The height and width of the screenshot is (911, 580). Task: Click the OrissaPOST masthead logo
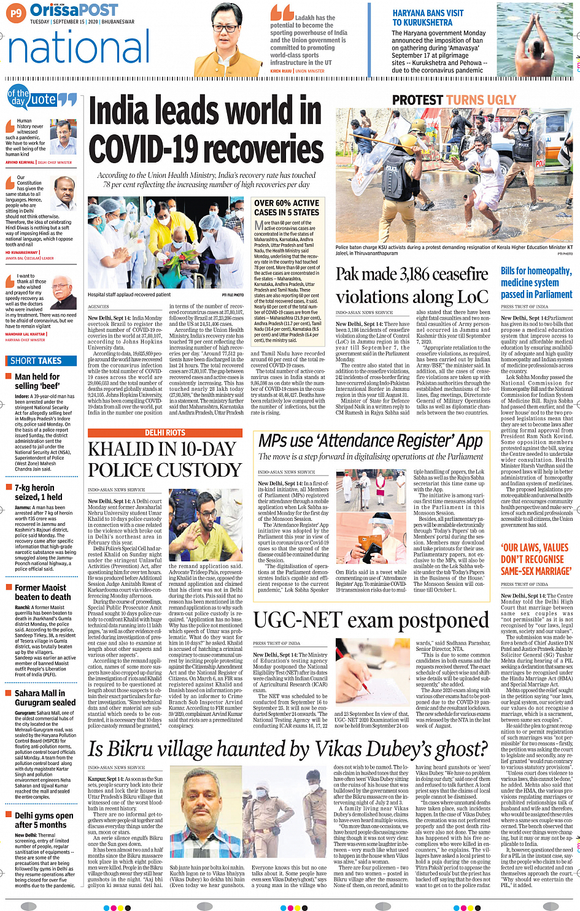[x=74, y=10]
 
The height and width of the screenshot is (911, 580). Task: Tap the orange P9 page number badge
[x=16, y=12]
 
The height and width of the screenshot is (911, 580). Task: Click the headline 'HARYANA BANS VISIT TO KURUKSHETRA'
[x=428, y=18]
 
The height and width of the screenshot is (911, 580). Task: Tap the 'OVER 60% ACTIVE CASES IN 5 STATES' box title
[x=287, y=208]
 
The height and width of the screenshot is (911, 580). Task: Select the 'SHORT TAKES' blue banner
[x=36, y=361]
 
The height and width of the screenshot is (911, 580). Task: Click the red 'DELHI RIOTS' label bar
[x=164, y=433]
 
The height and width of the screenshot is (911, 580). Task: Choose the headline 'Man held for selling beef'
[x=37, y=381]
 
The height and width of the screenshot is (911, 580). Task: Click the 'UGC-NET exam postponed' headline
[x=371, y=621]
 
